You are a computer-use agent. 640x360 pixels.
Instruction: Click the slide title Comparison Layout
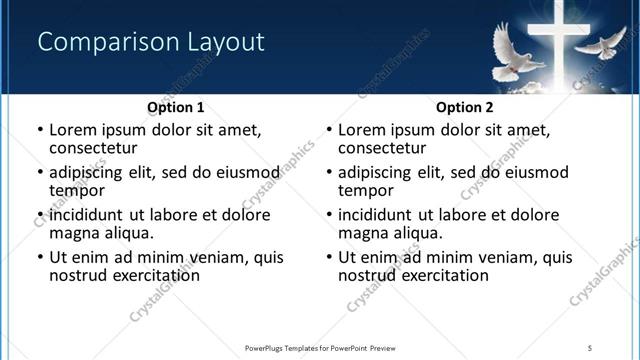click(150, 42)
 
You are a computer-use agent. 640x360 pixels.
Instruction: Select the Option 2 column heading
click(464, 107)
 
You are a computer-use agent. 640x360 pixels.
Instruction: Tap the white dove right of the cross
click(600, 44)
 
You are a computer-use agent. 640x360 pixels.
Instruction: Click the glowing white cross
click(561, 40)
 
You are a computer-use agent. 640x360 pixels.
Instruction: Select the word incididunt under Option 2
click(376, 215)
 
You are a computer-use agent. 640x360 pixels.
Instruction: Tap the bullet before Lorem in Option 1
click(39, 130)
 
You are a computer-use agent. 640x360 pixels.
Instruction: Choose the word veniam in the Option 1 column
click(226, 257)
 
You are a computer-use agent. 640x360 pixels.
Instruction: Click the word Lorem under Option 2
click(360, 129)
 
